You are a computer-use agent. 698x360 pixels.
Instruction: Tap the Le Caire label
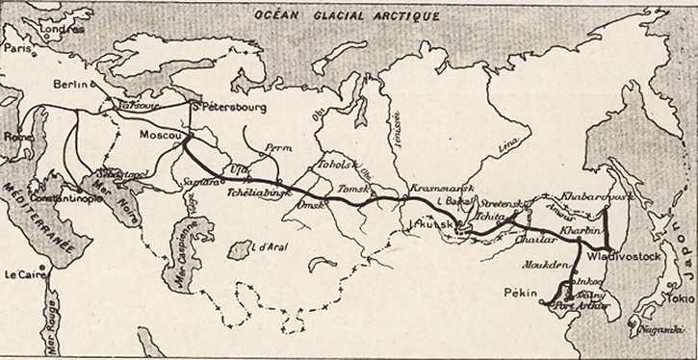(x=24, y=274)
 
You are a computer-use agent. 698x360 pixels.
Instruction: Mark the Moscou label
(x=160, y=136)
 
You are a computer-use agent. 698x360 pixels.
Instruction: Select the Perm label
(x=276, y=149)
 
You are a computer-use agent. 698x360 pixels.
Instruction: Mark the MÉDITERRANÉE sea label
(x=38, y=218)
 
